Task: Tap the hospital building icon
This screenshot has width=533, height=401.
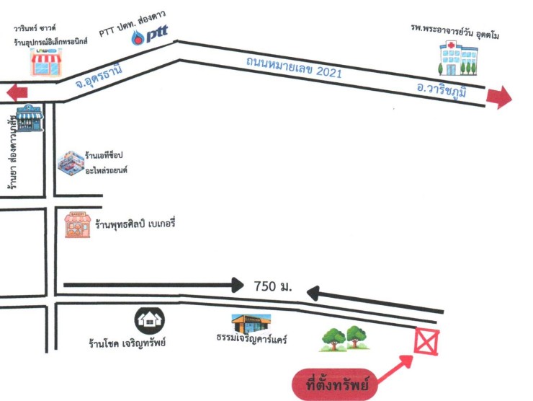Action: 459,58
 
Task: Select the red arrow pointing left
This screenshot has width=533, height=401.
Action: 17,92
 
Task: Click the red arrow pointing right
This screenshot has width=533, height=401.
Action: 499,97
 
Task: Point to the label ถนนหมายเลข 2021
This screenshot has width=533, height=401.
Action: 294,68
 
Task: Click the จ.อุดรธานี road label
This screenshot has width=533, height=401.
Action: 98,76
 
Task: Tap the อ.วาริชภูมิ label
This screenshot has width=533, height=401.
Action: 442,91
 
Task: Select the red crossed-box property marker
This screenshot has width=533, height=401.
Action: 426,341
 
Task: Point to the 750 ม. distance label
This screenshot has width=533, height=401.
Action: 273,286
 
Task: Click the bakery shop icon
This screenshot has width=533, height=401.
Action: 78,225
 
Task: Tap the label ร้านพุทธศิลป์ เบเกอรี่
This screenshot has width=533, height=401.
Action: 135,224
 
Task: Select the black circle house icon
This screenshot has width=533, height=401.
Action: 150,321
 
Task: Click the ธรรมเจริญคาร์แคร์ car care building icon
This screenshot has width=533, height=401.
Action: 251,324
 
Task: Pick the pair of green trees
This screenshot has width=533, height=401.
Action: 345,339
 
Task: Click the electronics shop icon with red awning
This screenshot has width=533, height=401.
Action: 46,62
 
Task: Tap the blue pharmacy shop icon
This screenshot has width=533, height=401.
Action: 30,118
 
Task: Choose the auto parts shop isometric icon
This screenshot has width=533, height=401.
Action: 71,164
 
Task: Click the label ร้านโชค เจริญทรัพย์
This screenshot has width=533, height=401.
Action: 127,343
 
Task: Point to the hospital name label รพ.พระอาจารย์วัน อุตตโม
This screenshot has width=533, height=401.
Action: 454,31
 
